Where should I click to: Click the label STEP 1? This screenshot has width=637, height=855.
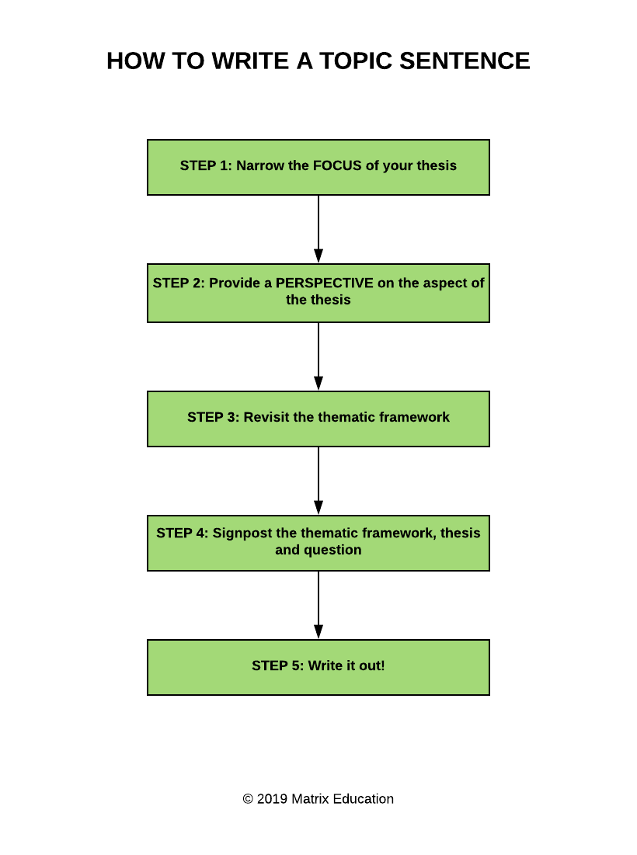206,165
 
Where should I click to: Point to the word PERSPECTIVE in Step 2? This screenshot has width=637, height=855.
325,283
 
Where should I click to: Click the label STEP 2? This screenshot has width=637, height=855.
179,283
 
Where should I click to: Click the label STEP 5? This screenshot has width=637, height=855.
278,666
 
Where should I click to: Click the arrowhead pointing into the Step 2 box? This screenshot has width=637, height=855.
318,255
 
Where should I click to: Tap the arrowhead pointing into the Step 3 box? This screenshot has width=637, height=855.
318,383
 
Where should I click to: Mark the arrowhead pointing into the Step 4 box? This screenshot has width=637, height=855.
318,507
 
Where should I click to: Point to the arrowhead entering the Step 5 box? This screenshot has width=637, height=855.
318,631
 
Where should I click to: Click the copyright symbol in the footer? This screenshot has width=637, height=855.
248,799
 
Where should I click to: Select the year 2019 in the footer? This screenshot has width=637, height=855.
272,799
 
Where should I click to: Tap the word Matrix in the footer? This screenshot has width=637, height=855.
310,799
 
